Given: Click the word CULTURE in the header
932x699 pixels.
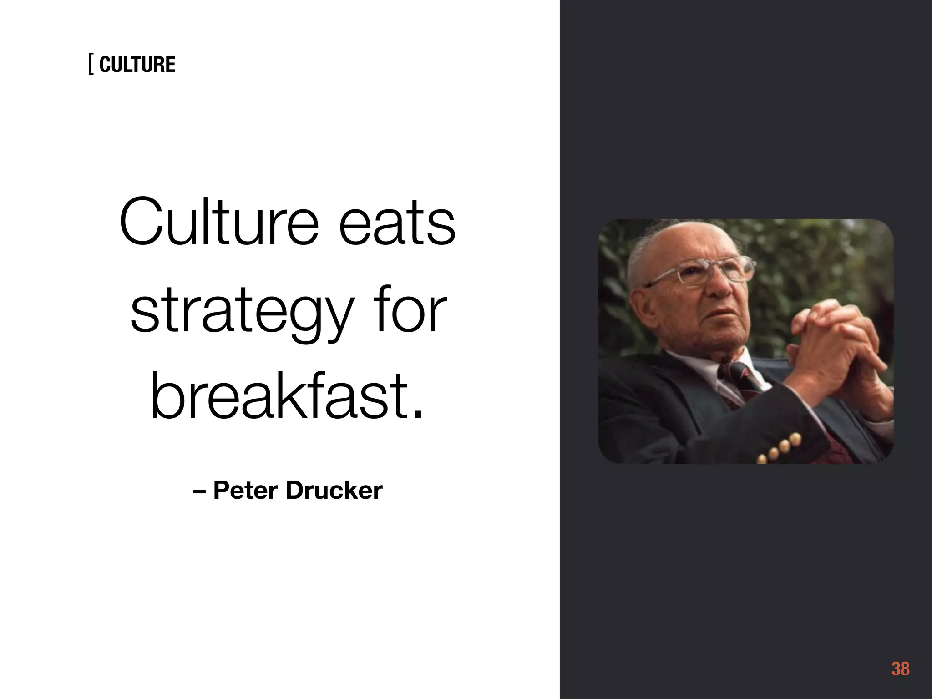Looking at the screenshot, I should click(x=137, y=65).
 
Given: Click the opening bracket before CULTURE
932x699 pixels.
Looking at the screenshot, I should click(x=91, y=65).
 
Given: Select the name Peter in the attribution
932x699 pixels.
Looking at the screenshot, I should click(x=245, y=491).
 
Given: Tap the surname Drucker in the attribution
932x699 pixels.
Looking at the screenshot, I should click(x=334, y=491).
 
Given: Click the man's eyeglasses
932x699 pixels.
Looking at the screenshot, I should click(x=710, y=271).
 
